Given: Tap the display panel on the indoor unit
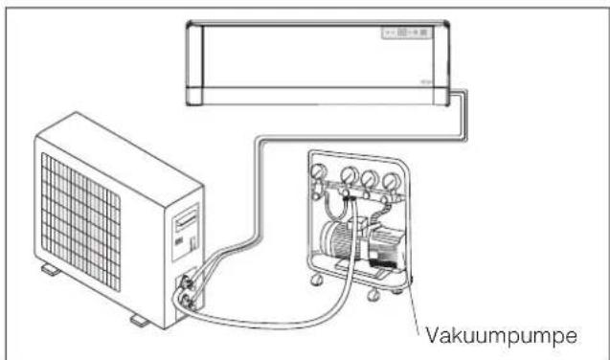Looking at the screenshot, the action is tap(407, 33).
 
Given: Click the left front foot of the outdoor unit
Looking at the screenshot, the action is tap(51, 271).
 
